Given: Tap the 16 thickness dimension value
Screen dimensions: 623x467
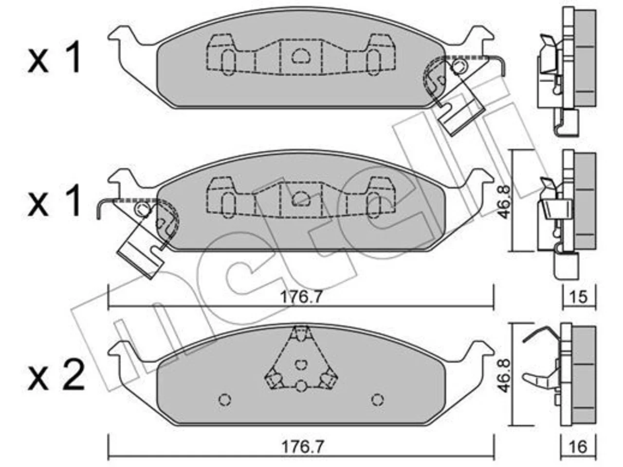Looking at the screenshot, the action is (x=578, y=447).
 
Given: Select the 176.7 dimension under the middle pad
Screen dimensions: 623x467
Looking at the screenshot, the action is (x=301, y=297).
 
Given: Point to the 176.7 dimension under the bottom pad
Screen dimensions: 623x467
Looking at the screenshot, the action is (x=303, y=447).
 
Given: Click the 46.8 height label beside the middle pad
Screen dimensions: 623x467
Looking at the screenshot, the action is (x=505, y=202).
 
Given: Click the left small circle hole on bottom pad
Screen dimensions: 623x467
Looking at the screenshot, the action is (x=225, y=400).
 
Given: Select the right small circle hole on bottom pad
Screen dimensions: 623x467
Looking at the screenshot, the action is (x=378, y=400).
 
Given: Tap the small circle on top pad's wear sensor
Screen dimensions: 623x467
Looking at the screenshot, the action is (x=458, y=67).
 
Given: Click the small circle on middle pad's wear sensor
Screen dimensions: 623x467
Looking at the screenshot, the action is (x=143, y=209).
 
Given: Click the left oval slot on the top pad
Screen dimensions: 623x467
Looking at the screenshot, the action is (x=228, y=62).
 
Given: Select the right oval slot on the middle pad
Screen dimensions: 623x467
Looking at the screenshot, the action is (x=373, y=205).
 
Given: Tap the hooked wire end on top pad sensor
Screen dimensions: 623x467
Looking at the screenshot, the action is (x=503, y=68).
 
